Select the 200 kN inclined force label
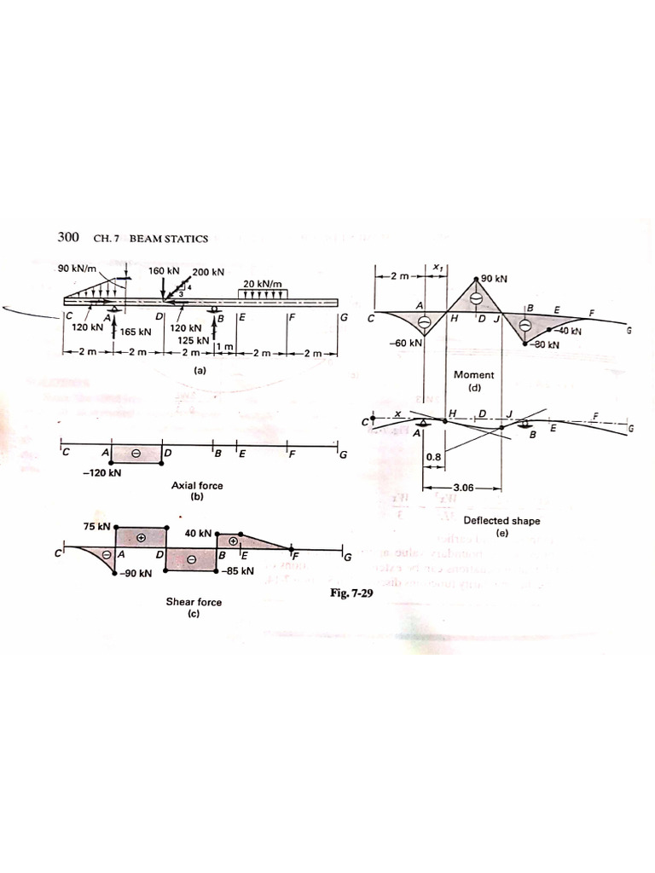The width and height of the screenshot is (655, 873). pyautogui.click(x=208, y=272)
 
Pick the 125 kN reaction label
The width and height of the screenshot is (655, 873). pyautogui.click(x=193, y=339)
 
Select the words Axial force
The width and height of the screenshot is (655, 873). pyautogui.click(x=197, y=486)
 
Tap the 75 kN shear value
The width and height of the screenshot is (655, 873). pyautogui.click(x=96, y=526)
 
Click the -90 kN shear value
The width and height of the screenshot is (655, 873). pyautogui.click(x=135, y=574)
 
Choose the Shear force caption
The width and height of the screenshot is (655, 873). pyautogui.click(x=194, y=602)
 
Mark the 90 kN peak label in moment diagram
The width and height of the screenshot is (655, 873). pyautogui.click(x=494, y=279)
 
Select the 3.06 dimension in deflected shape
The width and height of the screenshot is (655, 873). pyautogui.click(x=465, y=489)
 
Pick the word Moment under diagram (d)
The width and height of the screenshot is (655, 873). pyautogui.click(x=474, y=374)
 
